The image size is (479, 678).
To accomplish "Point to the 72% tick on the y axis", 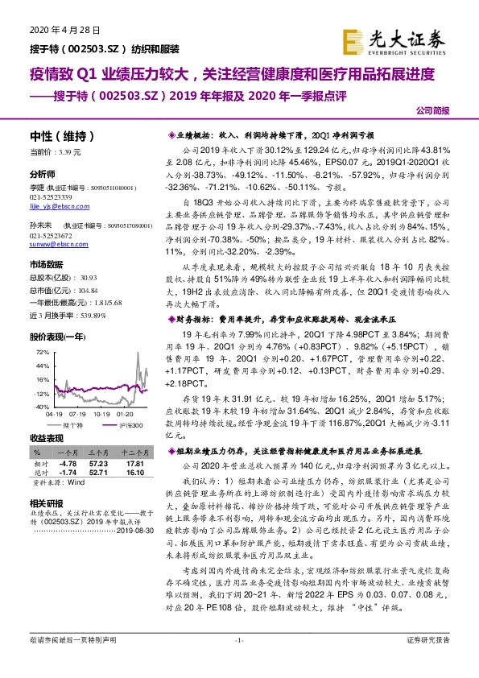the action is [x=41, y=353].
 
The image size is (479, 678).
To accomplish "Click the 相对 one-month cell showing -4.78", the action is [x=68, y=465].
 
